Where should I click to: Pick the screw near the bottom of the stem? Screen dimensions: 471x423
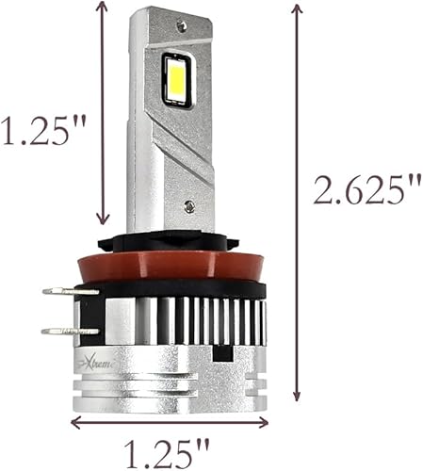click(191, 205)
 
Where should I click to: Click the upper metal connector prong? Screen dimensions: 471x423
click(71, 292)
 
